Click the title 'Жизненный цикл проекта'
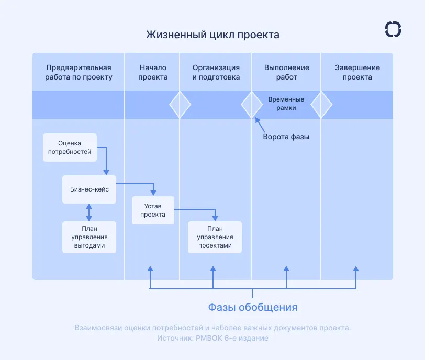(x=213, y=35)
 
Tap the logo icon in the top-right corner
(x=393, y=29)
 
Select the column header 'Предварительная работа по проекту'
(x=79, y=72)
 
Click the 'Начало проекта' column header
(x=153, y=72)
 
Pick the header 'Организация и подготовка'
(x=216, y=72)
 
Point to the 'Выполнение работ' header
(x=286, y=72)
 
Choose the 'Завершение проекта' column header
(x=357, y=72)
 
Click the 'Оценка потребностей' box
(x=70, y=147)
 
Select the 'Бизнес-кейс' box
(x=89, y=189)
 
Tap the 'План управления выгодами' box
(x=88, y=237)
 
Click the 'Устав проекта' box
(x=153, y=210)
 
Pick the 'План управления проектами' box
(x=215, y=237)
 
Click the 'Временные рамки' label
(x=286, y=104)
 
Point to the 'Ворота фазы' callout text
(x=286, y=137)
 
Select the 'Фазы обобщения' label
(x=252, y=307)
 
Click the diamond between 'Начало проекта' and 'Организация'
(x=180, y=104)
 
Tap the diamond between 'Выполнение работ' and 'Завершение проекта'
(x=321, y=104)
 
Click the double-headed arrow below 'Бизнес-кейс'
(x=89, y=211)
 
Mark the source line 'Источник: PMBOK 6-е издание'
(x=213, y=338)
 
